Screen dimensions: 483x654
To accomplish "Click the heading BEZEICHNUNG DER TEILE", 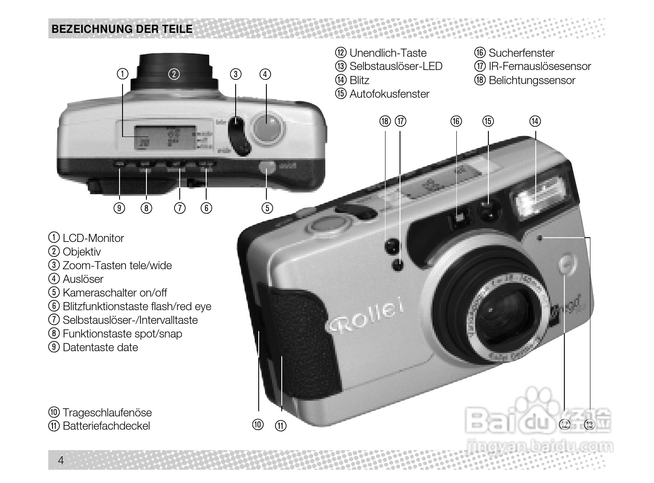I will (x=122, y=29).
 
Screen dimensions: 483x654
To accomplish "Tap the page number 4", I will (x=61, y=460).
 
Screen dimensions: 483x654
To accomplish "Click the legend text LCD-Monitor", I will (x=93, y=238).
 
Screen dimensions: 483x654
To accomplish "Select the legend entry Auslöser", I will (x=83, y=279).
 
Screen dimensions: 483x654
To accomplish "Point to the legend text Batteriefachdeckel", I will (x=106, y=426).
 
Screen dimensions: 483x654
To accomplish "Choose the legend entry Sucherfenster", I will (x=521, y=53).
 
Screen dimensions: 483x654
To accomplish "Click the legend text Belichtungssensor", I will (x=532, y=80).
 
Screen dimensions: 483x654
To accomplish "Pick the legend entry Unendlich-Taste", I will (x=388, y=53).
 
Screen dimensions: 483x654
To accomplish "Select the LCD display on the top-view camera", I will (x=165, y=137).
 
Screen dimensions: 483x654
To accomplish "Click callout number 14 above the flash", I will (x=535, y=121).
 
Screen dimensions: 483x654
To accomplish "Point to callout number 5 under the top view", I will (x=267, y=208).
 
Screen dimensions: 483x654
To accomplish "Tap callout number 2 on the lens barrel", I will (x=174, y=74).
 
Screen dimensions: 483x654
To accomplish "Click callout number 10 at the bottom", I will (x=258, y=425).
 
